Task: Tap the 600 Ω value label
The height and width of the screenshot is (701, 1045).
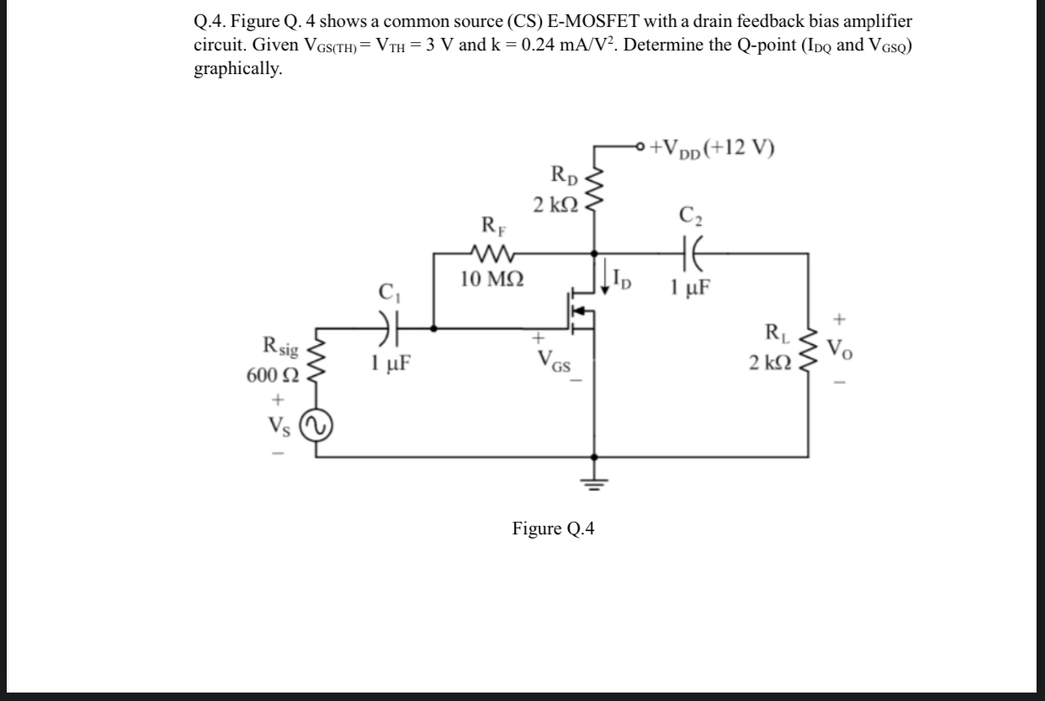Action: tap(268, 374)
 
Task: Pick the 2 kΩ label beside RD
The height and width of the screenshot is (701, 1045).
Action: tap(554, 204)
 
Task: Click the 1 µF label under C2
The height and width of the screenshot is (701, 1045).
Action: tap(692, 286)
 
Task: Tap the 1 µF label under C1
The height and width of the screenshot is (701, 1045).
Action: tap(390, 364)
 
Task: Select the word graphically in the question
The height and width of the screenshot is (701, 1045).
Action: tap(238, 69)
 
